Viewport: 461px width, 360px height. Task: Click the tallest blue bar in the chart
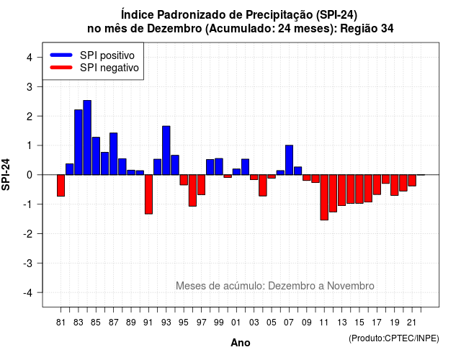pyautogui.click(x=87, y=138)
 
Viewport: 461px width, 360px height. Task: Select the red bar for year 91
pyautogui.click(x=148, y=194)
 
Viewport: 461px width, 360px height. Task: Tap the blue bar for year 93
pyautogui.click(x=166, y=150)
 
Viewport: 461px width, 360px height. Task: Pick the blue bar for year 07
pyautogui.click(x=289, y=160)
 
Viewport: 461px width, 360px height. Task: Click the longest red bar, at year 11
pyautogui.click(x=324, y=197)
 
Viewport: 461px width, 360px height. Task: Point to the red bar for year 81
pyautogui.click(x=61, y=186)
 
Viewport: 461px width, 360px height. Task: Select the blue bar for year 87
pyautogui.click(x=114, y=153)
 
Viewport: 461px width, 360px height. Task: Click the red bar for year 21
pyautogui.click(x=412, y=181)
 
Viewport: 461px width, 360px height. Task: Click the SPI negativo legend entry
pyautogui.click(x=94, y=68)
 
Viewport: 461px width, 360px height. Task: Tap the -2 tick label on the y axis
pyautogui.click(x=28, y=233)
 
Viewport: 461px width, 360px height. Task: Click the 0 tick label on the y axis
pyautogui.click(x=30, y=175)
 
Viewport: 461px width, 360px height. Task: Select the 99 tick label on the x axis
pyautogui.click(x=219, y=323)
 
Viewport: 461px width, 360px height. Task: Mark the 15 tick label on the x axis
pyautogui.click(x=359, y=323)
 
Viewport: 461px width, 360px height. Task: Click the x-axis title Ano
pyautogui.click(x=241, y=343)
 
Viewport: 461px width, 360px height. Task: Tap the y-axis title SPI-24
pyautogui.click(x=6, y=174)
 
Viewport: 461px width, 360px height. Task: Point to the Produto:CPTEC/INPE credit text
pyautogui.click(x=394, y=338)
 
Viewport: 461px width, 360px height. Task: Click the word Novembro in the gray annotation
pyautogui.click(x=351, y=286)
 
